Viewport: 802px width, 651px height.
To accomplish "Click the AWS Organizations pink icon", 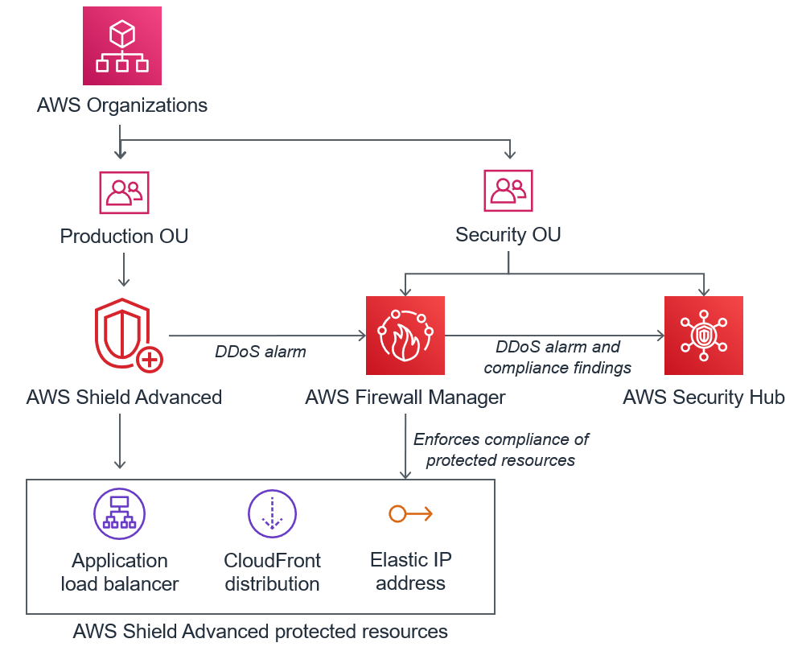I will click(122, 46).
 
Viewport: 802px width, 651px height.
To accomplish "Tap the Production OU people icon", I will click(124, 192).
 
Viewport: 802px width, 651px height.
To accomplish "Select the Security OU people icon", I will click(508, 191).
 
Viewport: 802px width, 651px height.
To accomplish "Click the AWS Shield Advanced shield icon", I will click(127, 336).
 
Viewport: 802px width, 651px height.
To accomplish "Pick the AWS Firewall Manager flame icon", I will click(405, 336).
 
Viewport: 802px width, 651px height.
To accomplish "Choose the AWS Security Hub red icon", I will click(703, 336).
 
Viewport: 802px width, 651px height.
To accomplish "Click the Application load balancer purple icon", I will click(119, 513).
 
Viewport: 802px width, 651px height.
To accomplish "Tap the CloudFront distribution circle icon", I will click(272, 513).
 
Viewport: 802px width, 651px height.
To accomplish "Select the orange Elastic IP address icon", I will click(410, 513).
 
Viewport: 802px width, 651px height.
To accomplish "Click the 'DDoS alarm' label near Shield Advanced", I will click(260, 352).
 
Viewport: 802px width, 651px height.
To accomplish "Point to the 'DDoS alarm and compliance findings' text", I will click(557, 356).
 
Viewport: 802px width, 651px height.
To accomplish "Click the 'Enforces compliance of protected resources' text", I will click(500, 450).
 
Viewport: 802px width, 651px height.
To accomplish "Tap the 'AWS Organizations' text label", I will click(122, 105).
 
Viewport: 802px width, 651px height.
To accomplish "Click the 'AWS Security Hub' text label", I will click(703, 398).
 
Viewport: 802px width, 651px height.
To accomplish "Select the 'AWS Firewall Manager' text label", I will click(405, 398).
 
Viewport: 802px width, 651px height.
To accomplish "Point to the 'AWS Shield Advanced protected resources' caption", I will click(261, 631).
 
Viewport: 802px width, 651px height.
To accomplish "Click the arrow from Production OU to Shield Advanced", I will click(124, 270).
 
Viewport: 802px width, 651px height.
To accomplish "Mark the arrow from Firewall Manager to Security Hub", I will click(555, 336).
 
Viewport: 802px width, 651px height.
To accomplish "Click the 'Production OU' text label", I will click(124, 237).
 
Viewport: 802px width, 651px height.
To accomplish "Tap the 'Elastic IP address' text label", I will click(410, 571).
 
